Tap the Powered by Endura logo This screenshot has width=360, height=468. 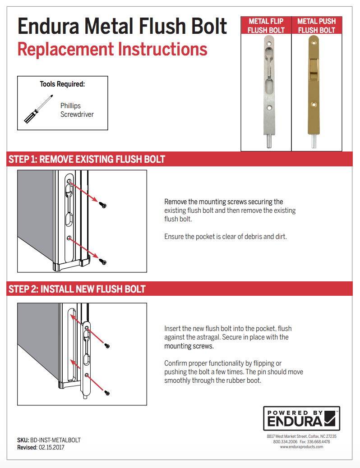coord(301,418)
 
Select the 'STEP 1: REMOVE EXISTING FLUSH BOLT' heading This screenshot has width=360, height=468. coord(87,159)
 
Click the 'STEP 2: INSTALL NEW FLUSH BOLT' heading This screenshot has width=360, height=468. coord(77,289)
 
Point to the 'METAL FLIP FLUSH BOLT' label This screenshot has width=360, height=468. coord(266,26)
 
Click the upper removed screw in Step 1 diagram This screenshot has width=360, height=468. coord(103,205)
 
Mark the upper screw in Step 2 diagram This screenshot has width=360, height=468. coord(107,346)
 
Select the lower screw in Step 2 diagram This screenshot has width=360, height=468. coord(107,393)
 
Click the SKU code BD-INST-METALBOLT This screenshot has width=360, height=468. coord(55,440)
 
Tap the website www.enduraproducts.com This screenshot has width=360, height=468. coord(301,447)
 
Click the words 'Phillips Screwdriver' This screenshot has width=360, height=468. coord(77,110)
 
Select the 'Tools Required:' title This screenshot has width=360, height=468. coord(62,84)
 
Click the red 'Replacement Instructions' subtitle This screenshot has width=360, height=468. coord(112,49)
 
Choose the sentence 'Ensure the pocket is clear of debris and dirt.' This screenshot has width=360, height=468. coord(226,236)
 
